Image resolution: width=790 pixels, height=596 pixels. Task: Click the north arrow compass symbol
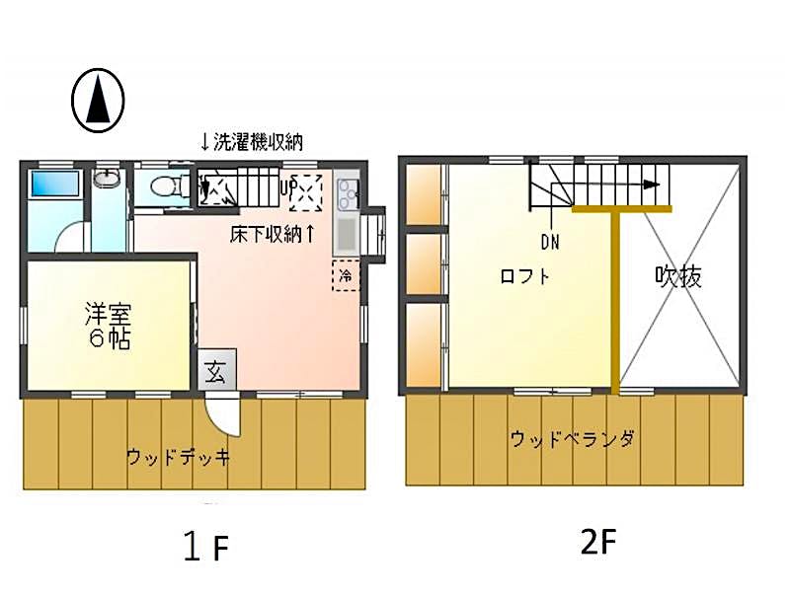point(98,101)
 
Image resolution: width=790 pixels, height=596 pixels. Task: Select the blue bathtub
point(55,184)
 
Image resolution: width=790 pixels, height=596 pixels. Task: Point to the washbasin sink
point(107,179)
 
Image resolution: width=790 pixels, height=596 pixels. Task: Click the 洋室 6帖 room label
point(109,326)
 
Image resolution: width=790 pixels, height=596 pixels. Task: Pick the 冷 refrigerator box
point(346,275)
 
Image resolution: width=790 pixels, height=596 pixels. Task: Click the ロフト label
point(524,276)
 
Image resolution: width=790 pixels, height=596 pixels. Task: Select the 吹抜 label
point(678,276)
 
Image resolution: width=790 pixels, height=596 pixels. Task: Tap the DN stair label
point(550,243)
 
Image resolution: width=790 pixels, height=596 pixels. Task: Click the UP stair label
point(287,189)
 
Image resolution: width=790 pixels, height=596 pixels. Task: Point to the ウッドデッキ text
point(178,457)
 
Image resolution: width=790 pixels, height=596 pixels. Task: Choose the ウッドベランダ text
point(573,439)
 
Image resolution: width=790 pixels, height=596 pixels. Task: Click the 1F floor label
point(206,548)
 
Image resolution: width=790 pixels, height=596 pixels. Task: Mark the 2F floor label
point(598,542)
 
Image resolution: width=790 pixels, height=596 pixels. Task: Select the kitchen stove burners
point(347,193)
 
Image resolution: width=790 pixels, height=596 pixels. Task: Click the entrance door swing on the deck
point(224,415)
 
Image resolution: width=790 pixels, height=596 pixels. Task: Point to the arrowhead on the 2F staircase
point(653,185)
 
